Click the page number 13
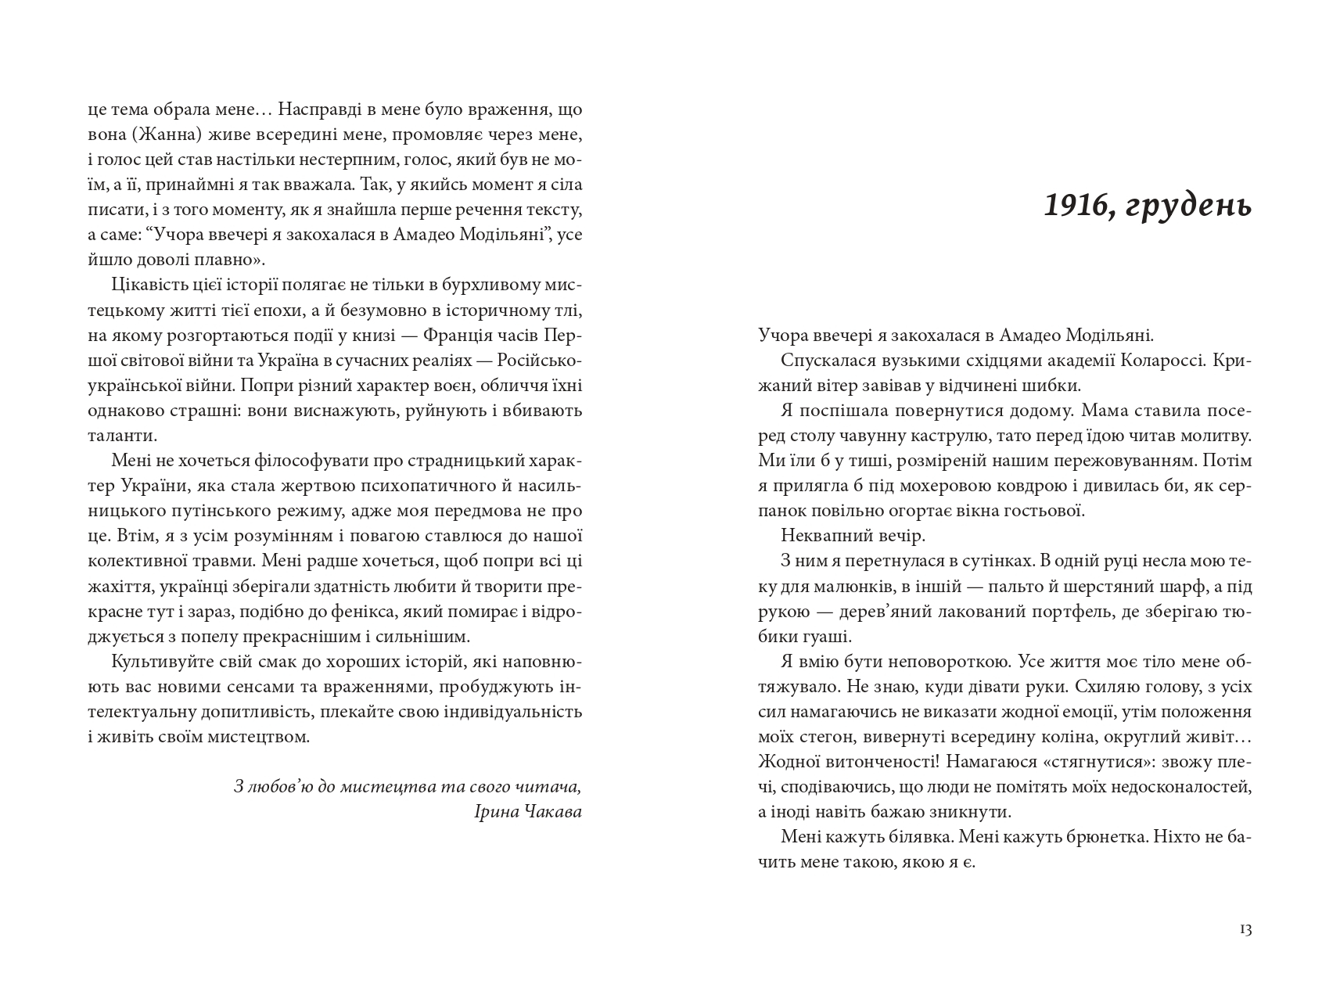pos(1245,930)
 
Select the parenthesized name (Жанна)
pos(168,135)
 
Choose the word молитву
pos(1216,436)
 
